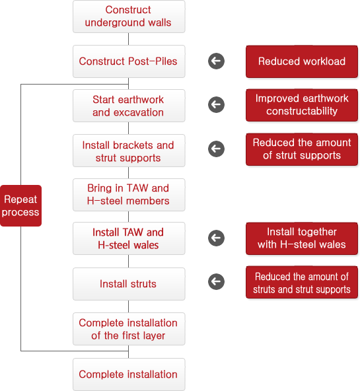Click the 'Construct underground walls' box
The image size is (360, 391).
(x=129, y=17)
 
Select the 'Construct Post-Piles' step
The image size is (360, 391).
(x=129, y=61)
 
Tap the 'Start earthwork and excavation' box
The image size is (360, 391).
(x=129, y=106)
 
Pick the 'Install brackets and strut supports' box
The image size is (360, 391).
(x=129, y=151)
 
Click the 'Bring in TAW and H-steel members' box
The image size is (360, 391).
(x=129, y=195)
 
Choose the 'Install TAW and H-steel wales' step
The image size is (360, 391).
(x=129, y=238)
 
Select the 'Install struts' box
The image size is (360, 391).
(x=129, y=284)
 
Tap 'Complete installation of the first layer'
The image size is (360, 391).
(x=129, y=329)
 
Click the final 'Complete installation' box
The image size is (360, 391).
(x=129, y=374)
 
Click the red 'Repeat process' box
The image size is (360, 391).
(x=20, y=205)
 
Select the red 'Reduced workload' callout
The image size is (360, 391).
(x=302, y=61)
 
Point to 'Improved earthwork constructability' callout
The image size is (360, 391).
(x=302, y=105)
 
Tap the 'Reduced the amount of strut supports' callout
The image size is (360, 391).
(x=302, y=149)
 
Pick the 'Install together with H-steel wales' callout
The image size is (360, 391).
(x=302, y=238)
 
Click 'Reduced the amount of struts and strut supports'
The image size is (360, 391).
(x=302, y=282)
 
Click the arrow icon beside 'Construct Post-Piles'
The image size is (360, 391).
(x=216, y=61)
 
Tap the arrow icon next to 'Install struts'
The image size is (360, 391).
(x=216, y=282)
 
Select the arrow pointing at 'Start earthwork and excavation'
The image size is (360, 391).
(x=216, y=105)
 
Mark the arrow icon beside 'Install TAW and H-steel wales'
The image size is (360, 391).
(x=216, y=238)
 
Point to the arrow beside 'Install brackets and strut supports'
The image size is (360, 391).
(x=216, y=149)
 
